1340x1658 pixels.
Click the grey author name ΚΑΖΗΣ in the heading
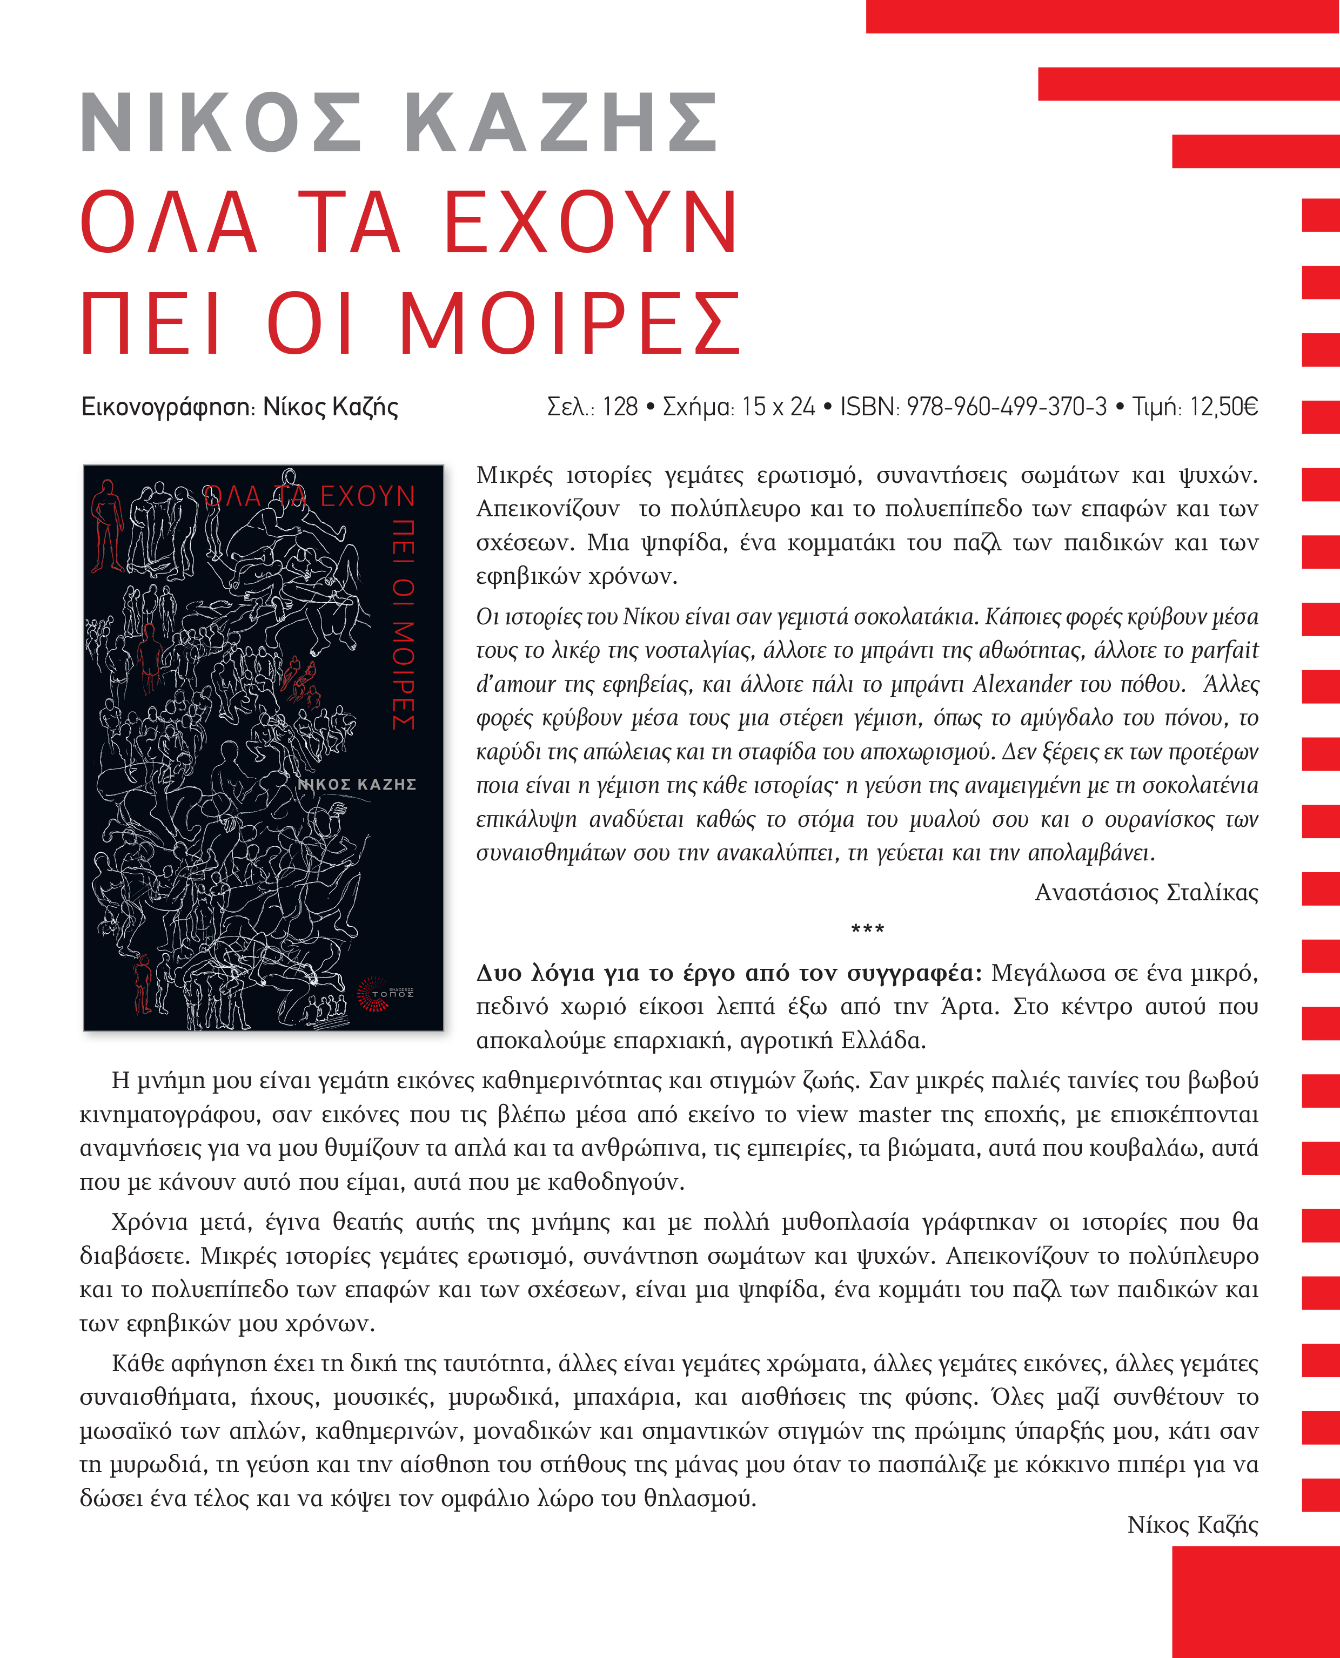coord(561,124)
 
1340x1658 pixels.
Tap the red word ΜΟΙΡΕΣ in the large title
coord(569,324)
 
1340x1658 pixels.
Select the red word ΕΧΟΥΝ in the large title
coord(591,222)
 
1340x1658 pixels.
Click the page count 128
coord(620,407)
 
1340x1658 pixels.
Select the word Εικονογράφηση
coord(167,407)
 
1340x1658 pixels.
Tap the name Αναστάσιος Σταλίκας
coord(1145,893)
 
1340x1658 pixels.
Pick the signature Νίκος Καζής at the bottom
coord(1192,1525)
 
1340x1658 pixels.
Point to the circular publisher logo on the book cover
coord(373,994)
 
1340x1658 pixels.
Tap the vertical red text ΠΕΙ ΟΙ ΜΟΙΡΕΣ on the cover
coord(404,624)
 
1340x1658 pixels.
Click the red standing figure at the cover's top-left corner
coord(106,525)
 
